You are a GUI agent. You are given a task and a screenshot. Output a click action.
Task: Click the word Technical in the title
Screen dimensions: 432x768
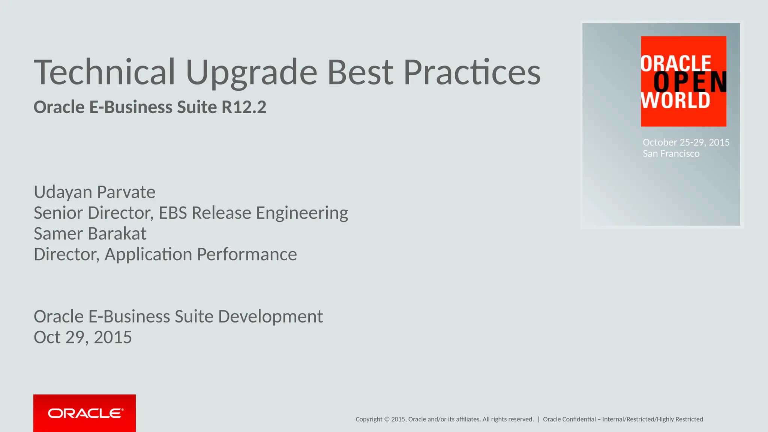(104, 72)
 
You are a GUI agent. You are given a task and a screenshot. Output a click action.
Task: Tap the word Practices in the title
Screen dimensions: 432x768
(472, 72)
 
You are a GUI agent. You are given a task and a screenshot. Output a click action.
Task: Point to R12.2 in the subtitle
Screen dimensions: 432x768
(244, 107)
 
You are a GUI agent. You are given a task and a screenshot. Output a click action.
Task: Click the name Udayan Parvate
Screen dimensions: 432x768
(94, 192)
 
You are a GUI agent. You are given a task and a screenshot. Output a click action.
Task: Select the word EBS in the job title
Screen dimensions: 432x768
(172, 213)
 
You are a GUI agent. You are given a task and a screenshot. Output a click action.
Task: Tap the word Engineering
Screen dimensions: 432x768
(302, 213)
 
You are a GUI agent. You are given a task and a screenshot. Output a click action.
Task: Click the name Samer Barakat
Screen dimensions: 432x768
(90, 234)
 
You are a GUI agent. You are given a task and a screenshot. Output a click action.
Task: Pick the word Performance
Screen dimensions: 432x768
(247, 255)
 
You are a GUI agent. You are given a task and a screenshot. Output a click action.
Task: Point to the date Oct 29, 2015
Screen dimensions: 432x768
(82, 337)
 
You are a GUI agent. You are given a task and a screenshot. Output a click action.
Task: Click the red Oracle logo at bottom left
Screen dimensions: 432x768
(84, 413)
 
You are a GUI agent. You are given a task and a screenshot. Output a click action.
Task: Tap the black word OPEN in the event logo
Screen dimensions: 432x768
(689, 82)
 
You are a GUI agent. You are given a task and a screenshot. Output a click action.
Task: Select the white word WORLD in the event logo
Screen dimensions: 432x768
(675, 100)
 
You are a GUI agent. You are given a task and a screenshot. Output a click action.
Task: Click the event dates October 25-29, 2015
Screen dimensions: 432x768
(686, 142)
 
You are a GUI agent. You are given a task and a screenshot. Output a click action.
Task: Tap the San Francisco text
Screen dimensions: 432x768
(671, 154)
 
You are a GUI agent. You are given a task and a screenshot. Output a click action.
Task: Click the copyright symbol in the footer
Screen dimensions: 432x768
(387, 419)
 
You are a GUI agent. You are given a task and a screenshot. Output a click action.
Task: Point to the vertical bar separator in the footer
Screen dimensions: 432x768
(538, 419)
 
